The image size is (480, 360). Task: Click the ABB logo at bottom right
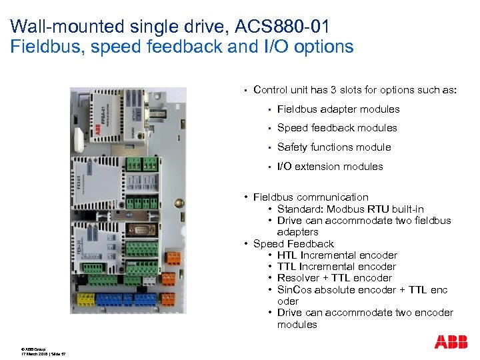[451, 342]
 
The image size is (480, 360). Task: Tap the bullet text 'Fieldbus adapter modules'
[338, 109]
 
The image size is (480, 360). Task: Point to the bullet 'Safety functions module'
[333, 147]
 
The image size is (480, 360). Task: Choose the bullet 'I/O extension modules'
[330, 167]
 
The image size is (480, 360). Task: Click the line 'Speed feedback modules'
[337, 128]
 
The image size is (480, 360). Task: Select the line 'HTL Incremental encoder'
[337, 255]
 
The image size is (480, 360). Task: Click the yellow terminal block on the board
[85, 299]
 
